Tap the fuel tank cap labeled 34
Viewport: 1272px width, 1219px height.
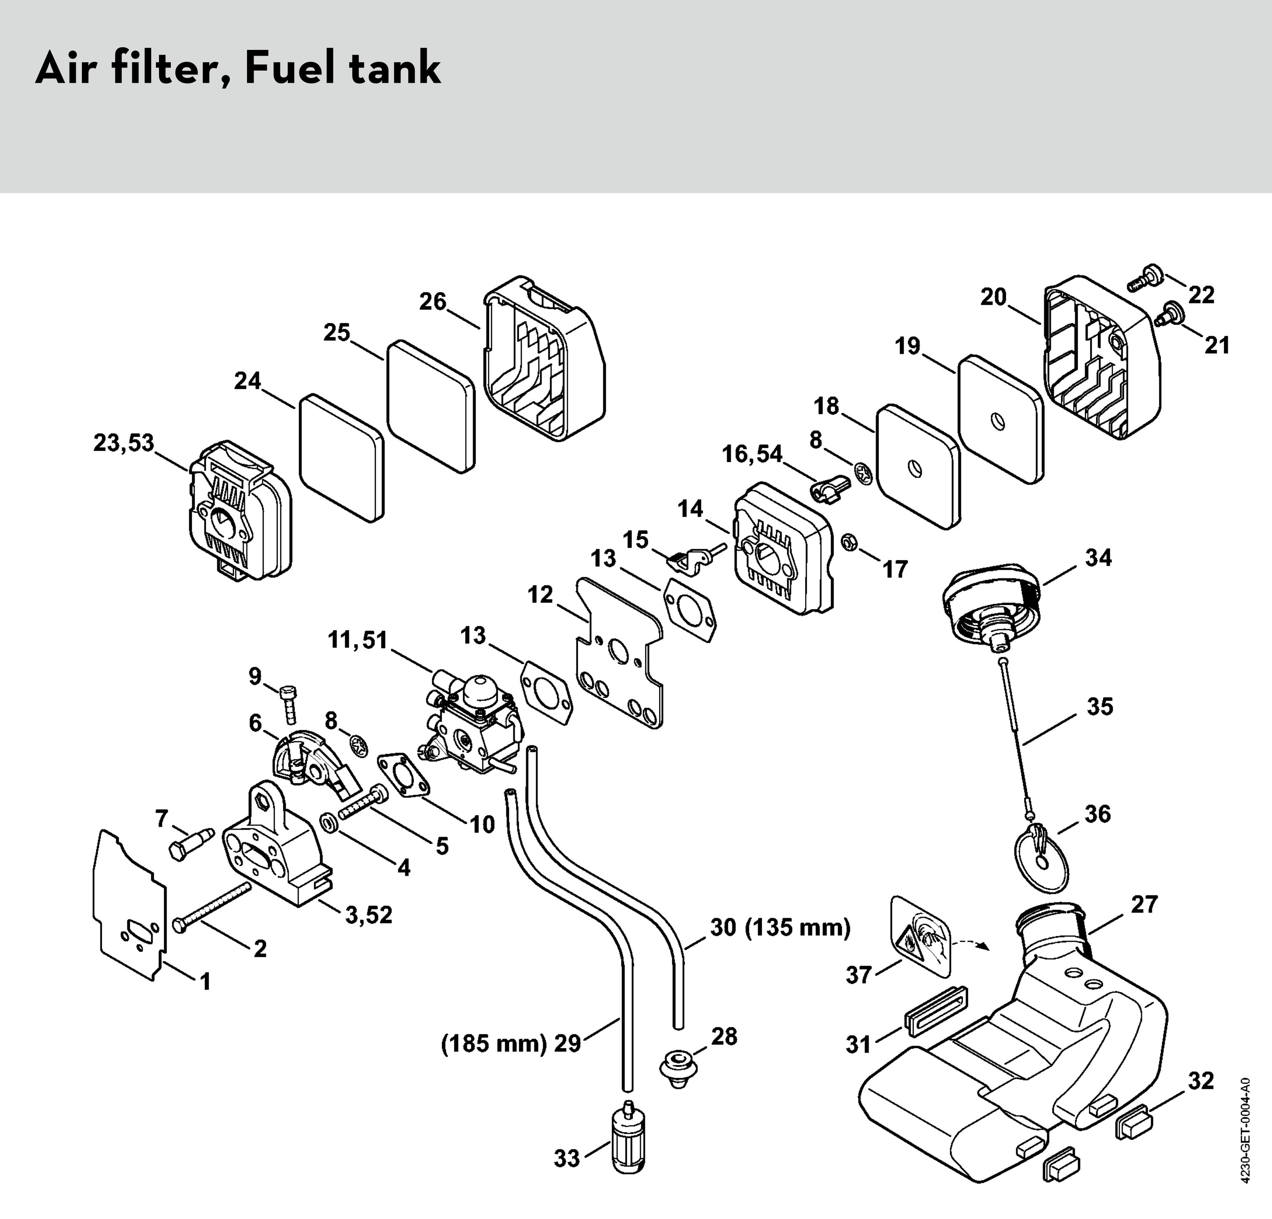993,603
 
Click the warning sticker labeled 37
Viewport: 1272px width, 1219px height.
919,937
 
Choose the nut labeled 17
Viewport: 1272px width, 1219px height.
848,541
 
